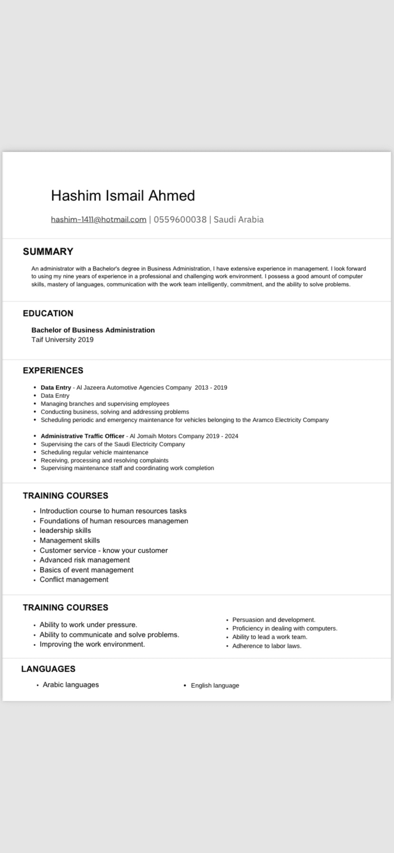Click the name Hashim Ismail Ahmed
click(x=123, y=196)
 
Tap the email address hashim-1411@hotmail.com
click(x=98, y=219)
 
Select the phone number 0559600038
click(x=180, y=219)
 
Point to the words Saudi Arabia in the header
click(x=238, y=219)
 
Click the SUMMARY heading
click(x=48, y=251)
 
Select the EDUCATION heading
click(x=48, y=313)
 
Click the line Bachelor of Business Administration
click(x=93, y=330)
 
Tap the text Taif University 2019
click(x=62, y=339)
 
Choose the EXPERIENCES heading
click(x=53, y=370)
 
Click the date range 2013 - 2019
click(x=211, y=387)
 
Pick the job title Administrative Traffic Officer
click(x=82, y=436)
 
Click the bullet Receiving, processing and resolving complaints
click(x=104, y=460)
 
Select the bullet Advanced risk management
click(x=85, y=560)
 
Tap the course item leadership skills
click(x=65, y=530)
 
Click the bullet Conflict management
click(x=74, y=579)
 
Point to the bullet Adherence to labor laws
click(x=266, y=646)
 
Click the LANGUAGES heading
click(x=48, y=669)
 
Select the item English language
click(x=215, y=685)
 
